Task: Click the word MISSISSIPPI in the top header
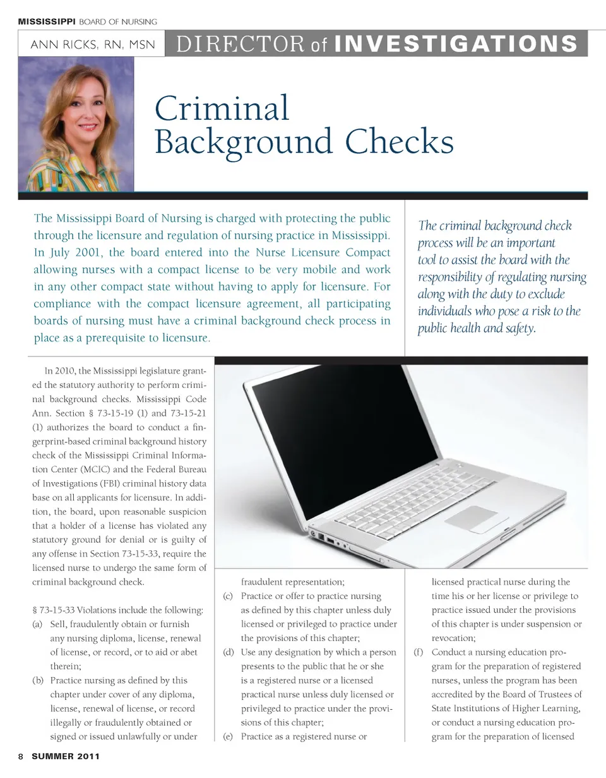pyautogui.click(x=46, y=21)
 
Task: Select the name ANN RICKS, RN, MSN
pyautogui.click(x=92, y=45)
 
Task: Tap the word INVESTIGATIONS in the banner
pyautogui.click(x=455, y=44)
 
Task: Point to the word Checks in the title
pyautogui.click(x=400, y=141)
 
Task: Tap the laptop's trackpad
pyautogui.click(x=472, y=519)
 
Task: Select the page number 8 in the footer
pyautogui.click(x=21, y=756)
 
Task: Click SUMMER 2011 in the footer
pyautogui.click(x=66, y=756)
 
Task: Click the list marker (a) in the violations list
pyautogui.click(x=37, y=624)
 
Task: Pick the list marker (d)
pyautogui.click(x=229, y=652)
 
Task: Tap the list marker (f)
pyautogui.click(x=418, y=652)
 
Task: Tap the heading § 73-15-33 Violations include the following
pyautogui.click(x=117, y=610)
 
